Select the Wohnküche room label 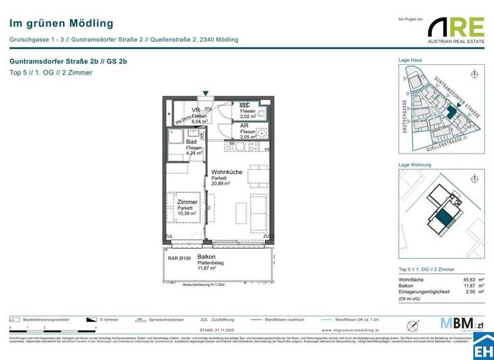tap(227, 172)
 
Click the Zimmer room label tap(187, 202)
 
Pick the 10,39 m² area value tap(187, 214)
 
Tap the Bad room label tap(191, 141)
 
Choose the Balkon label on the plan tap(206, 257)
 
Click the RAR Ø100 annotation tap(179, 258)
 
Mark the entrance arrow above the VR tap(205, 93)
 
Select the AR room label tap(244, 126)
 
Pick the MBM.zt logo tap(458, 323)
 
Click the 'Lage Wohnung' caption tap(414, 165)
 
